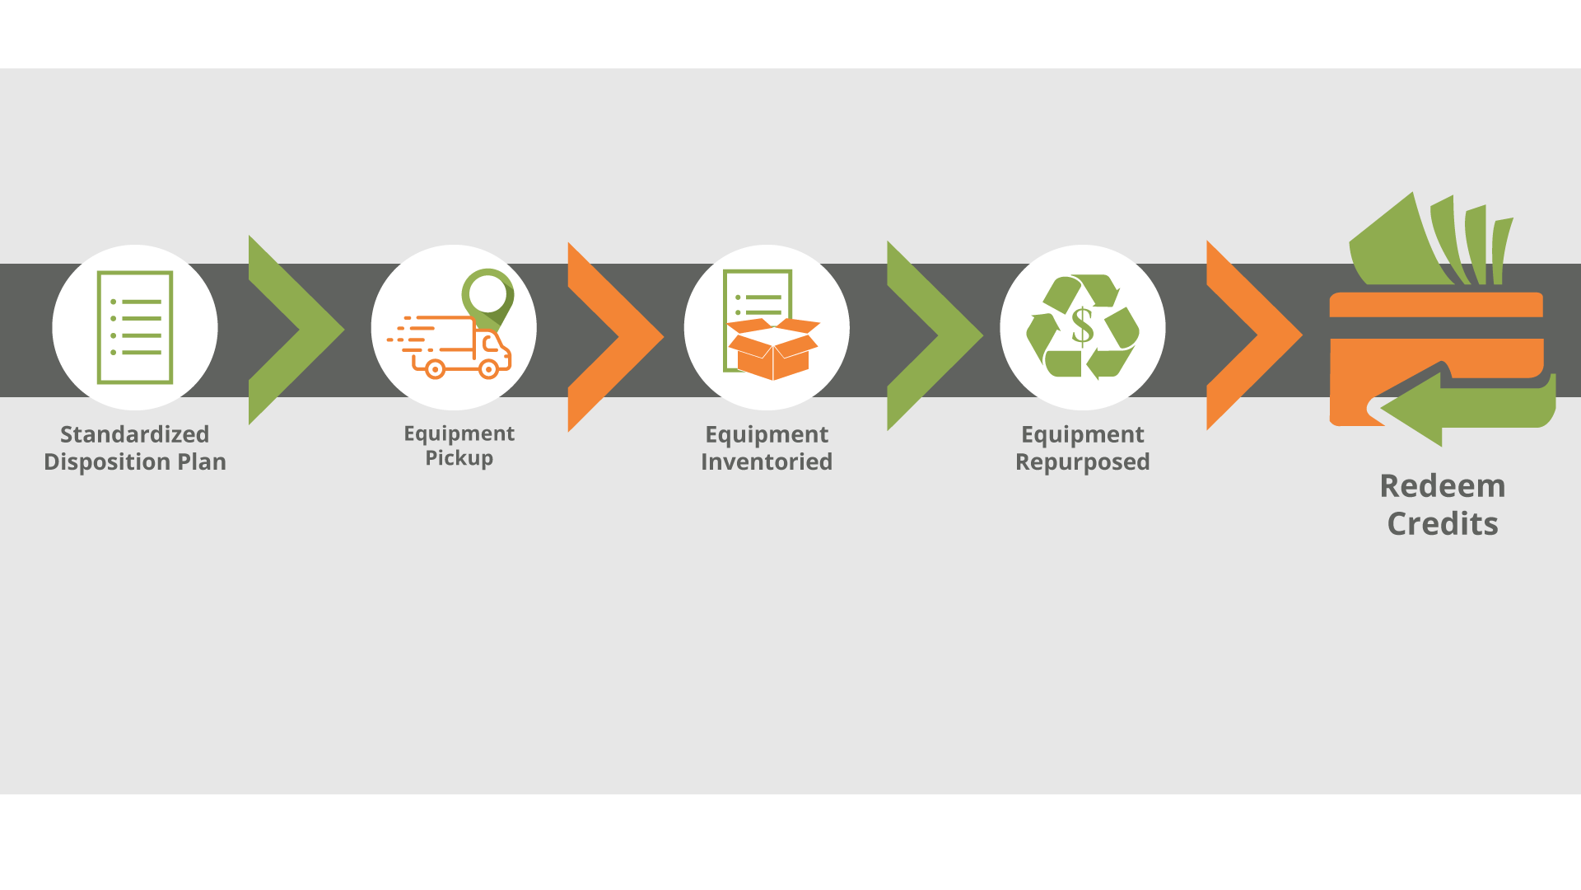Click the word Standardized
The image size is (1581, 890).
coord(134,434)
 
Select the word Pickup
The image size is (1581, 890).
coord(459,458)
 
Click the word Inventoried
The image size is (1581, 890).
coord(766,461)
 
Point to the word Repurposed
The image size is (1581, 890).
coord(1082,461)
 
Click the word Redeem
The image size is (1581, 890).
coord(1442,486)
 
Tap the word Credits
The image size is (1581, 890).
coord(1442,524)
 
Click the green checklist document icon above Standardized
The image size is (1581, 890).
coord(135,327)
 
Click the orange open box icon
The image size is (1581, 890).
coord(772,349)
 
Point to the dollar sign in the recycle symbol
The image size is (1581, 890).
coord(1082,326)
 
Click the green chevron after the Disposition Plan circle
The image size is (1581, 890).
coord(292,330)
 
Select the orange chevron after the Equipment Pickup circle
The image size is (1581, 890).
coord(612,336)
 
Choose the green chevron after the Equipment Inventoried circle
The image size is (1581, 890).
coord(931,335)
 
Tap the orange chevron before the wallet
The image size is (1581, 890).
coord(1251,335)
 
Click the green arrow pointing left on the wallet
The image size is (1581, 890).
coord(1449,409)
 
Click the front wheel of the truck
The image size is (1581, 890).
coord(488,369)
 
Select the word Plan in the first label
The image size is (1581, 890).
coord(202,461)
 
